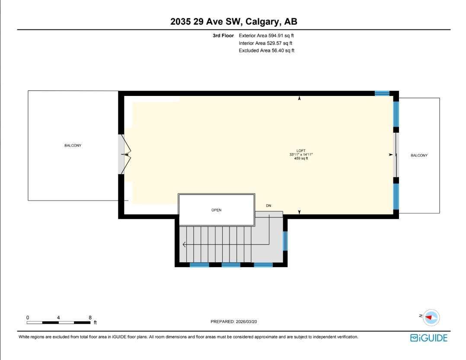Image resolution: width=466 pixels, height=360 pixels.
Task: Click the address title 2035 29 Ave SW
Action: (234, 22)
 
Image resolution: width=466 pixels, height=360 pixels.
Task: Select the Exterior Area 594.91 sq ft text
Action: (267, 36)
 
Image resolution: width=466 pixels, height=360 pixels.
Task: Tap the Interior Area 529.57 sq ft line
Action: (265, 43)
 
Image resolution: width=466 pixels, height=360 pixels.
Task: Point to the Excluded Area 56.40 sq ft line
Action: (267, 51)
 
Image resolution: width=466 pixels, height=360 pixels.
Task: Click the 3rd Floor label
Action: (223, 36)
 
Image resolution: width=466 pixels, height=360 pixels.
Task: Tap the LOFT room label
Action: (301, 151)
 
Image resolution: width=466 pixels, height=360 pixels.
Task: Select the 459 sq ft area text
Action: (301, 159)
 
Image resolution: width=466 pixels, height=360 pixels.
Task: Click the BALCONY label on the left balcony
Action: (73, 146)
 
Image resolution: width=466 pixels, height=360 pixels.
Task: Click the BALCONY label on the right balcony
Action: (419, 156)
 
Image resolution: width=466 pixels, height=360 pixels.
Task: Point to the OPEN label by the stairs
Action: (216, 210)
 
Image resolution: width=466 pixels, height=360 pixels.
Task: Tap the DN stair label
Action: (268, 206)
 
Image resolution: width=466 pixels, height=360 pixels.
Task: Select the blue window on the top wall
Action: (382, 93)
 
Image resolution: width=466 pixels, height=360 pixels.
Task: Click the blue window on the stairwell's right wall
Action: (284, 241)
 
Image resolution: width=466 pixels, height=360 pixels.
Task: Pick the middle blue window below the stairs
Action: (231, 264)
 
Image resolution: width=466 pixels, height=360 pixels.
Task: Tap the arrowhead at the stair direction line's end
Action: (185, 245)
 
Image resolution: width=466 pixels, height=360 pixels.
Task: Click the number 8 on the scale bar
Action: (90, 317)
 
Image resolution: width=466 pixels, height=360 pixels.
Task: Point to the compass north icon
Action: (431, 317)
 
